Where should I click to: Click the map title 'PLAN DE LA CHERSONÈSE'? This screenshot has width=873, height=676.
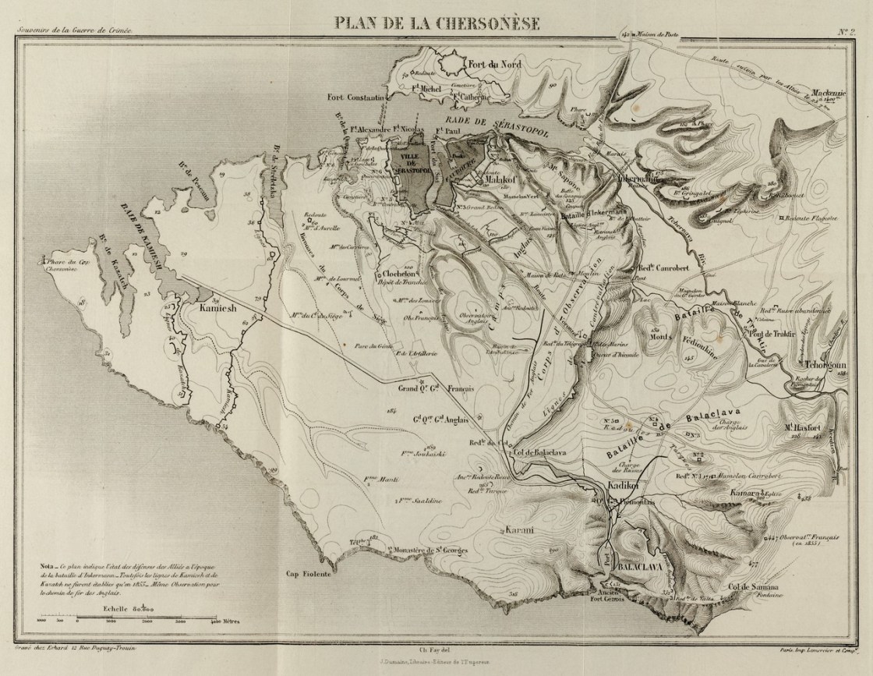(x=436, y=21)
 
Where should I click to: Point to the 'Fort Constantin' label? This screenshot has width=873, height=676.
(x=356, y=97)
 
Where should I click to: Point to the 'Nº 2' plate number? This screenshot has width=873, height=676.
(x=847, y=32)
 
